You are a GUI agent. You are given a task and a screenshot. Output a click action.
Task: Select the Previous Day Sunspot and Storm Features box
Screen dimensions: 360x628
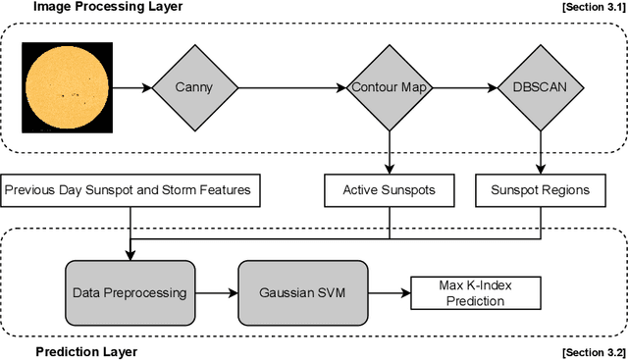tap(131, 190)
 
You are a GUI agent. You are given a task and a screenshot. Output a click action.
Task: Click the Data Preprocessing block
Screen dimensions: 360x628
tap(129, 292)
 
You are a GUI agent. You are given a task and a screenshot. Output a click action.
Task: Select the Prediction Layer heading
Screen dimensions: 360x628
tap(86, 351)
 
